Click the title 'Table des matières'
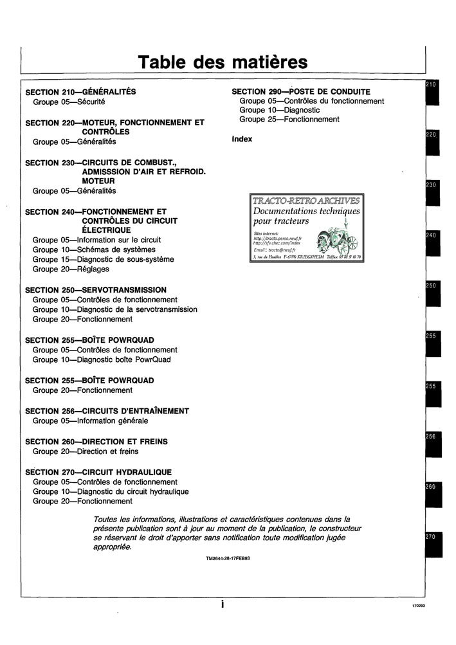click(223, 62)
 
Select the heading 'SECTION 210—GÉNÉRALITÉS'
click(80, 92)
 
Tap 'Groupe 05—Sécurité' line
click(69, 102)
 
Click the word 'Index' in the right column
click(242, 139)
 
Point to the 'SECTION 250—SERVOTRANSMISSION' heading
click(95, 290)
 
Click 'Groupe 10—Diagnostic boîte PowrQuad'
click(102, 359)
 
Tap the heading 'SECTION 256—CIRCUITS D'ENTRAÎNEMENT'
click(107, 411)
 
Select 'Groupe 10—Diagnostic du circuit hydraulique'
click(111, 491)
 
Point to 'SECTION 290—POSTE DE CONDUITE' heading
click(300, 92)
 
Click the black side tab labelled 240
click(432, 244)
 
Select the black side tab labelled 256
click(432, 446)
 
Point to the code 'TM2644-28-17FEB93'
click(228, 559)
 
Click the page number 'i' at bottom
click(222, 604)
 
